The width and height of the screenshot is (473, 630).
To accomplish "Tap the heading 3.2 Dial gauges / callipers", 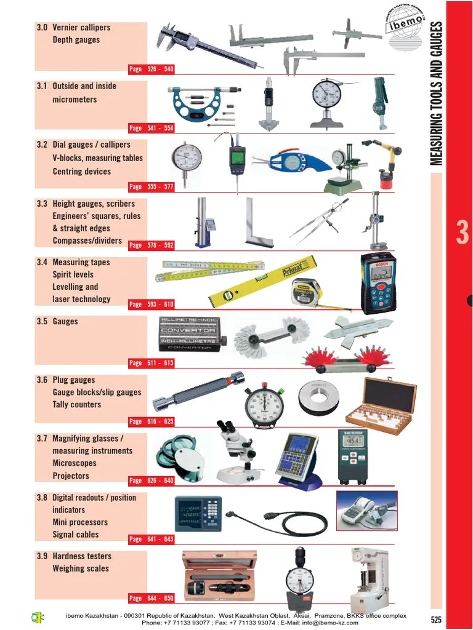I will click(83, 145).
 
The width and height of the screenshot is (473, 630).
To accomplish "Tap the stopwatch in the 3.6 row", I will click(264, 405).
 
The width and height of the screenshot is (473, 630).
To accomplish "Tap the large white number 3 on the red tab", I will click(463, 233).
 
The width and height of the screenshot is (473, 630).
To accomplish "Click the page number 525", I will click(436, 620).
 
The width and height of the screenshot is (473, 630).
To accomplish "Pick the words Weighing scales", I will click(81, 568).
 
